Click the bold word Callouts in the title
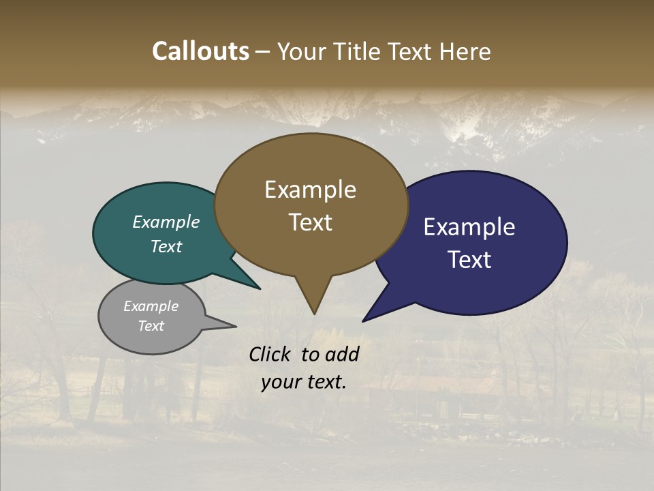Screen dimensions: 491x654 200,52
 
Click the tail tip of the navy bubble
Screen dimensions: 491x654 364,321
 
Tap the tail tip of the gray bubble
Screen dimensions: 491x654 235,326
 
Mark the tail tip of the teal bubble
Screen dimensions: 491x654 260,288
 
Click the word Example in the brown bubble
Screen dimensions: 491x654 310,190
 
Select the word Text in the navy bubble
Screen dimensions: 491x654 469,260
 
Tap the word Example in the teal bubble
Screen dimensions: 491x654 166,222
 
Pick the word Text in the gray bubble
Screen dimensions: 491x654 151,326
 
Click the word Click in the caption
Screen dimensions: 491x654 270,354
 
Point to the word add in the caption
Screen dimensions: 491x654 342,354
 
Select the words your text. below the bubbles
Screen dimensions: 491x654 304,382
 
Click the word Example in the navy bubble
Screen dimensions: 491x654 469,227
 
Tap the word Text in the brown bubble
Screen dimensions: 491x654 310,222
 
